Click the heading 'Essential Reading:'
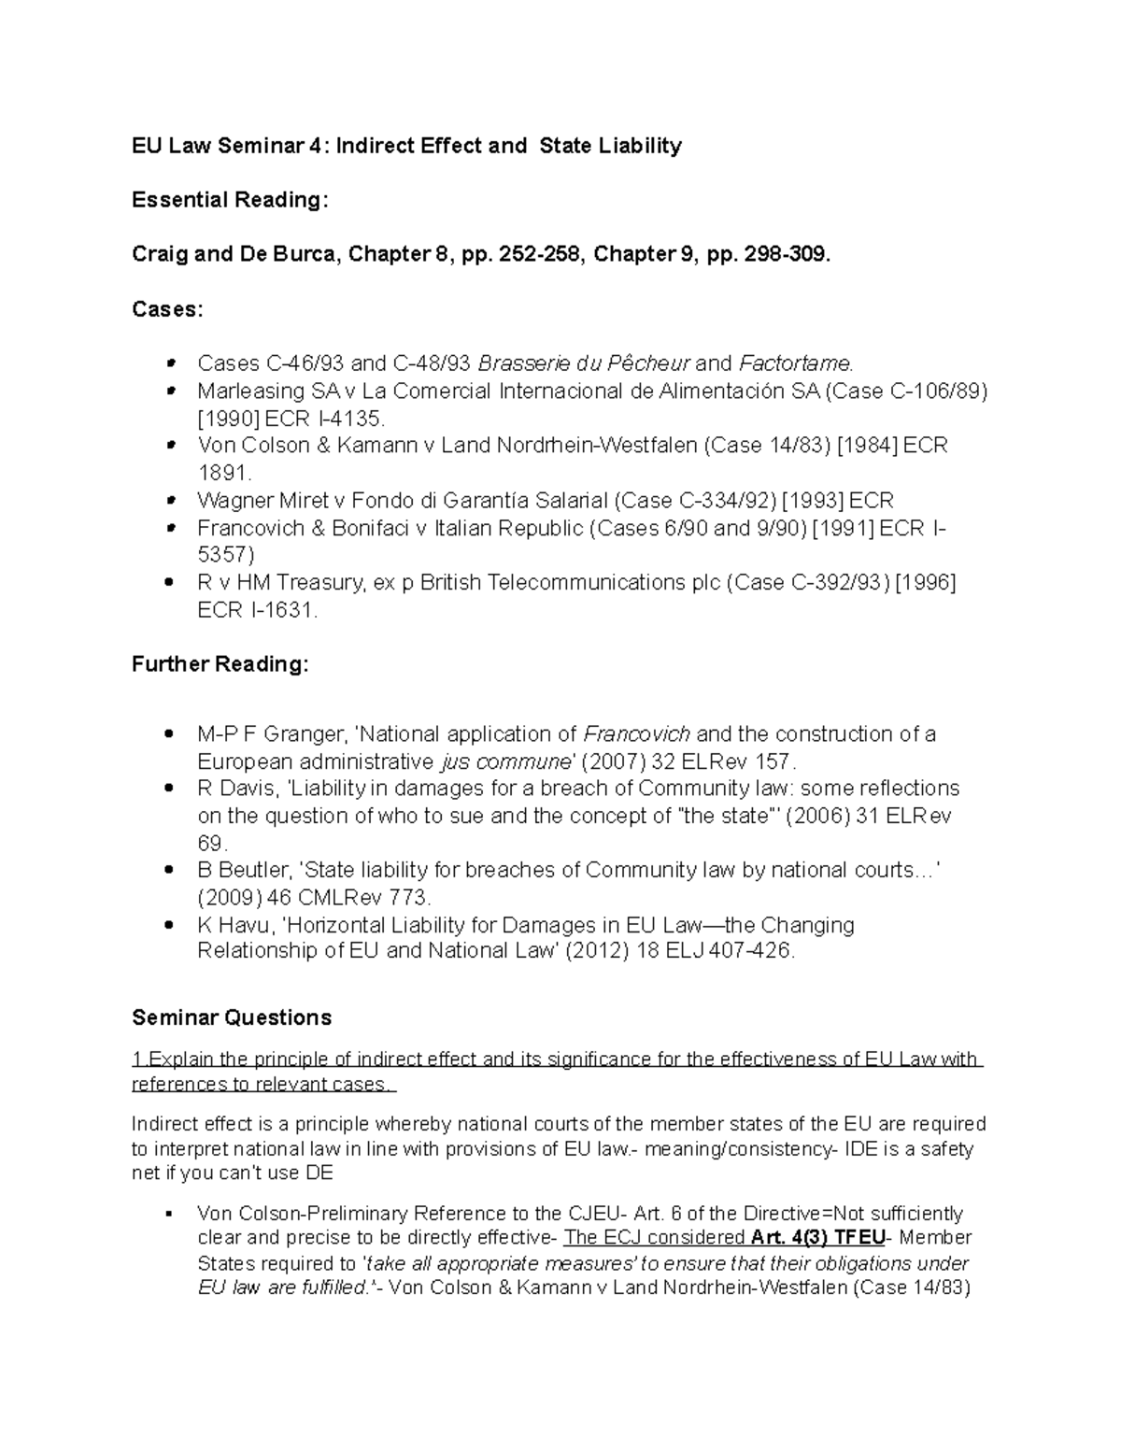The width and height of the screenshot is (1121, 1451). click(x=230, y=200)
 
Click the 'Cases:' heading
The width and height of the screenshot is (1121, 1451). click(x=167, y=309)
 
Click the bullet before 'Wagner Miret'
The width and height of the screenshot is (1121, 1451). click(x=169, y=502)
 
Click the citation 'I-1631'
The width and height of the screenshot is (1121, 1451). click(x=282, y=611)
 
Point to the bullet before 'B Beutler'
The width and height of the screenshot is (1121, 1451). click(x=169, y=871)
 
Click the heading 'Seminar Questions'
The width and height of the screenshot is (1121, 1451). click(x=232, y=1017)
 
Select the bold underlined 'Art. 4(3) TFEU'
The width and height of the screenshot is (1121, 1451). click(x=817, y=1238)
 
